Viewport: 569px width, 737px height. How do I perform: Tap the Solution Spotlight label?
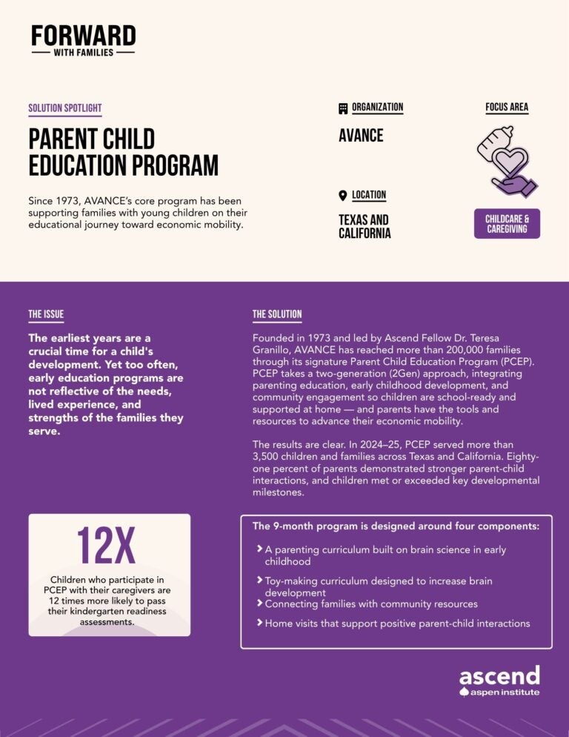(65, 108)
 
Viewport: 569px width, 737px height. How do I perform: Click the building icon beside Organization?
(343, 108)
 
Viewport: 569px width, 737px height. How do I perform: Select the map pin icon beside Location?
(342, 196)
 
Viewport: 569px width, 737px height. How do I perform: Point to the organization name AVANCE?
(361, 136)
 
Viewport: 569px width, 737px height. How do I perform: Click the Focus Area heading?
(507, 108)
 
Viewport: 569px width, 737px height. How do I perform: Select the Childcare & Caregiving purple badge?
(507, 224)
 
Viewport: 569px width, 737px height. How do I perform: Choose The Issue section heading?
(46, 314)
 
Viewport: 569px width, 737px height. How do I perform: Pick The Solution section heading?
(277, 314)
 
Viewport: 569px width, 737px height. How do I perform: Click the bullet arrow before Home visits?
(259, 623)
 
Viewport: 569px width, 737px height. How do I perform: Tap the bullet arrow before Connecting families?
(259, 604)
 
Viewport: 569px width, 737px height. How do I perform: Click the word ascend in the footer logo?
(499, 675)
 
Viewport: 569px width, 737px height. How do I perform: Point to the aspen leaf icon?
(465, 693)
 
